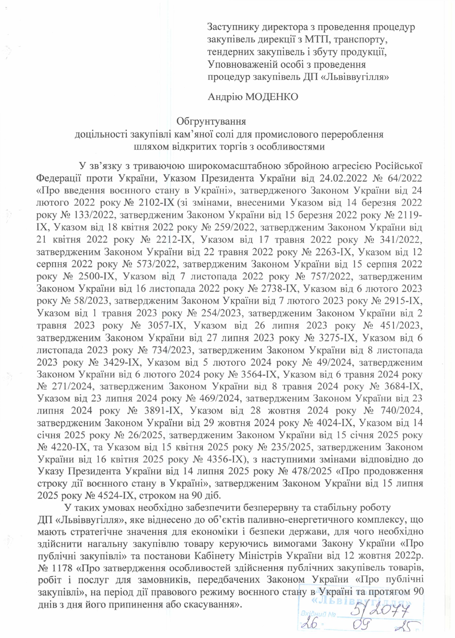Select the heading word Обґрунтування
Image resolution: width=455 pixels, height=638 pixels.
click(x=211, y=121)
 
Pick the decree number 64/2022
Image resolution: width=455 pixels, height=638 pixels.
click(x=404, y=178)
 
